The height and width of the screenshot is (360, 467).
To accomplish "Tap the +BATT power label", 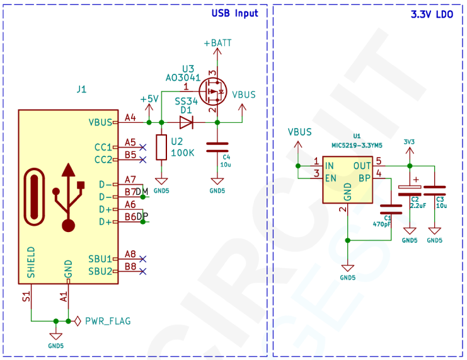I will coord(217,43).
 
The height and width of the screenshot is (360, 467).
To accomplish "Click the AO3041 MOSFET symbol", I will coord(216,92).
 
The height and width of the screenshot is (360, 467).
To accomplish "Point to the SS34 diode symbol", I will coord(186,122).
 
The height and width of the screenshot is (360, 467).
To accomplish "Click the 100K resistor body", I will coord(161,147).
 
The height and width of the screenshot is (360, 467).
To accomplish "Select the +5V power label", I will coord(149,99).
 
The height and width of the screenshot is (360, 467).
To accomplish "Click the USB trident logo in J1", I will coord(69,197).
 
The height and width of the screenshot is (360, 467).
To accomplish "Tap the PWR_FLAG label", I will coord(108,321).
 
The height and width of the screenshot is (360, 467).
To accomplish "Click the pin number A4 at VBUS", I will coord(130,117).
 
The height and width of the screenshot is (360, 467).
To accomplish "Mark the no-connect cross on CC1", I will coord(143,146).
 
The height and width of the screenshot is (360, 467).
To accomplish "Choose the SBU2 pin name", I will coord(100,271).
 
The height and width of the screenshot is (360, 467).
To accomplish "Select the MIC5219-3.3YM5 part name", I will coord(357,145).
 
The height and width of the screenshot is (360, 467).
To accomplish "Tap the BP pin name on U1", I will coord(364,178).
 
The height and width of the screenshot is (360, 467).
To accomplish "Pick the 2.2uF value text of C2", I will coord(418,206).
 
